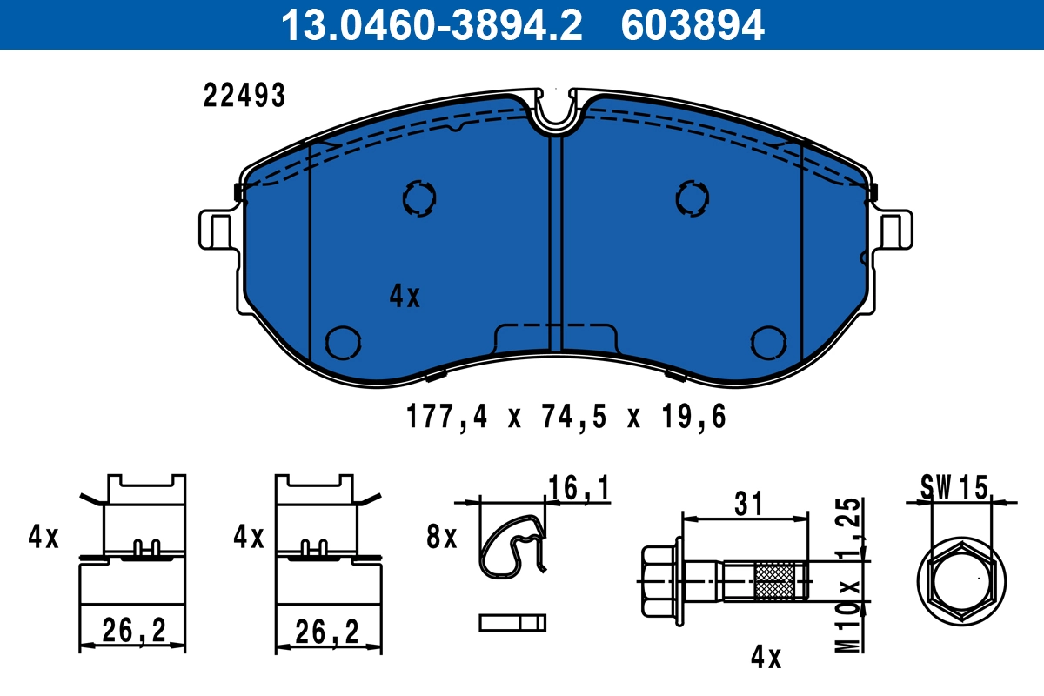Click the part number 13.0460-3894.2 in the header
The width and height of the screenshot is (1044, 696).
click(430, 25)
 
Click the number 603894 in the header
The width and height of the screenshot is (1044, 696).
click(693, 25)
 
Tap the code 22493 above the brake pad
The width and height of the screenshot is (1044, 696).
click(244, 97)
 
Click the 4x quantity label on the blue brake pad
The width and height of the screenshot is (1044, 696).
click(405, 298)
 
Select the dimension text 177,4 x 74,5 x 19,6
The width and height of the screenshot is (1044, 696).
click(565, 418)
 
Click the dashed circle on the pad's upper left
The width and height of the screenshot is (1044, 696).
click(418, 199)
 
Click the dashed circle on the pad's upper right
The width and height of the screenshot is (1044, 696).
click(692, 198)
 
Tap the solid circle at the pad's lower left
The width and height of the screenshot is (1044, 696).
click(341, 342)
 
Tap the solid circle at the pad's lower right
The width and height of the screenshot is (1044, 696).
click(768, 342)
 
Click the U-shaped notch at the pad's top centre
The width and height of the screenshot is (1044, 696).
click(556, 113)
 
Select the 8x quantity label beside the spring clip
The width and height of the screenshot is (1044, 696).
click(442, 538)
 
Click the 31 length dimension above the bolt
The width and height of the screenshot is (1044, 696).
click(748, 503)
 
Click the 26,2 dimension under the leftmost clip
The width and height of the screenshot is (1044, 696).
click(133, 631)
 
